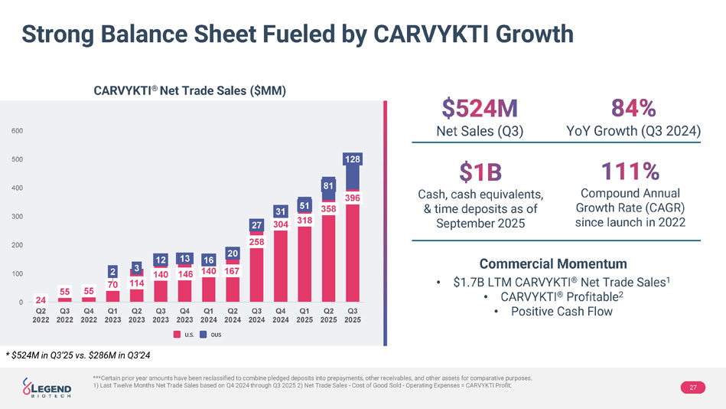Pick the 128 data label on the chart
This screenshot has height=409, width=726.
point(352,159)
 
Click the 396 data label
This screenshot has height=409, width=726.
point(353,198)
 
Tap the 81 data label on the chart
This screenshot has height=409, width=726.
point(329,185)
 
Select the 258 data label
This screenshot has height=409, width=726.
point(257,241)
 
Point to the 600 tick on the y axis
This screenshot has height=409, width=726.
point(17,131)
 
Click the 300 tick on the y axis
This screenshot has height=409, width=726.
point(17,217)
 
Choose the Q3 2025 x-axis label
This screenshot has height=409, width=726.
point(353,316)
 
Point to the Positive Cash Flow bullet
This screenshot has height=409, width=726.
point(561,311)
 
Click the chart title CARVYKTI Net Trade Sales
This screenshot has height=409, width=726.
point(190,91)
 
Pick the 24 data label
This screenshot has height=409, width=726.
point(41,299)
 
